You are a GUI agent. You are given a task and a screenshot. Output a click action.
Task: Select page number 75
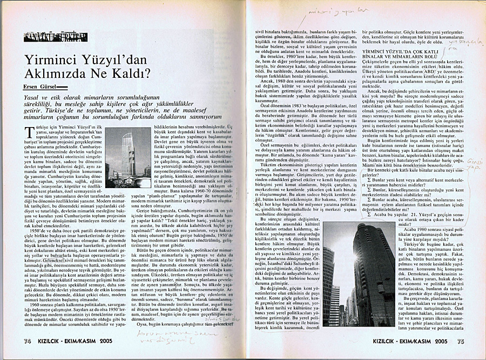coord(460,342)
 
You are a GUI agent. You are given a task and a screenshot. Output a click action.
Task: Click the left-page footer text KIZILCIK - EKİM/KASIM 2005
coord(85,341)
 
